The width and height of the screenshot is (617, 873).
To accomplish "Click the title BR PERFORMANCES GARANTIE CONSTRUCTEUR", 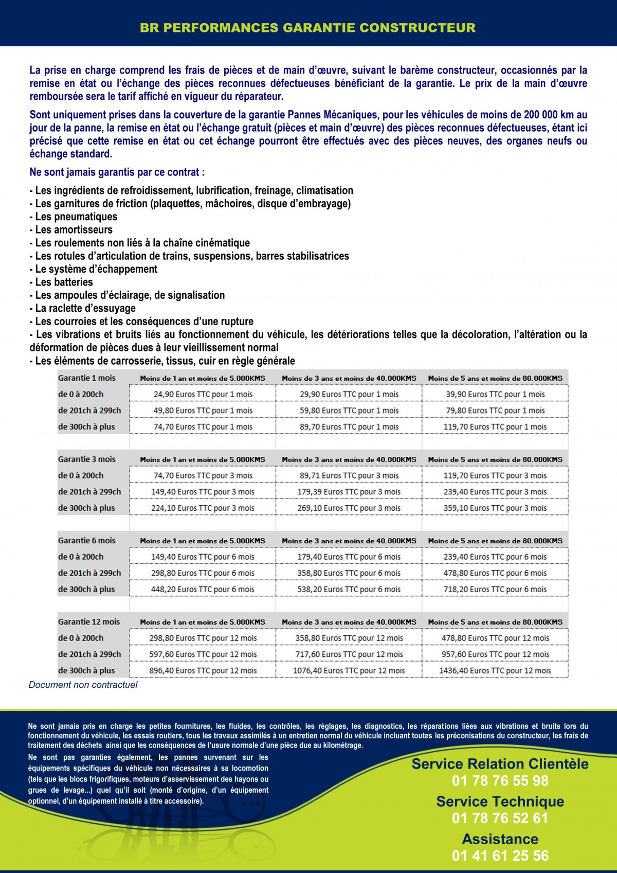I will tap(308, 28).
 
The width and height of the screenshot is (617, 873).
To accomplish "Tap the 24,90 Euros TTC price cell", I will tap(203, 394).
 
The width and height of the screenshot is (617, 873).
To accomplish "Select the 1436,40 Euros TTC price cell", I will tap(495, 670).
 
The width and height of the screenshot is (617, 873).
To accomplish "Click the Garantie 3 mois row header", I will tap(87, 459).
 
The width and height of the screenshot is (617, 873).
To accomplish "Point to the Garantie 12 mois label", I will tap(89, 621).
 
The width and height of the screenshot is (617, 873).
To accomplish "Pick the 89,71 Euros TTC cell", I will tap(349, 475).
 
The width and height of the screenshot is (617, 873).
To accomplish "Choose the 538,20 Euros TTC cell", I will tap(349, 589).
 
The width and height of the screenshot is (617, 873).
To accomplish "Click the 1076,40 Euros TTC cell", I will tap(349, 670).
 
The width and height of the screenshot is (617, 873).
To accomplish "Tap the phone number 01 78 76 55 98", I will tap(500, 781).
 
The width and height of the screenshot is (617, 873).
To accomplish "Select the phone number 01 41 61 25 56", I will tap(500, 856).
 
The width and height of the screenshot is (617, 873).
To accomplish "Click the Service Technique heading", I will tap(500, 801).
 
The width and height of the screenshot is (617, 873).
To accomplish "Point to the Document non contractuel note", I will tap(83, 685).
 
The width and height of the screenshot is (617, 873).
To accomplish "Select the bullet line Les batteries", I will tap(62, 282).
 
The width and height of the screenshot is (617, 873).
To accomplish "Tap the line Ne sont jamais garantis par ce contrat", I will tap(117, 172).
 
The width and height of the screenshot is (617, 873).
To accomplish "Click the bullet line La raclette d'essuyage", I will tap(83, 308).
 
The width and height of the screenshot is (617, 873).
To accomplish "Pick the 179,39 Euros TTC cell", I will tap(349, 492).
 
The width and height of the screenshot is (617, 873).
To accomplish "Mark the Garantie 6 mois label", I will tap(87, 540).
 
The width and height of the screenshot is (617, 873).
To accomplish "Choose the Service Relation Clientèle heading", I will tap(500, 764).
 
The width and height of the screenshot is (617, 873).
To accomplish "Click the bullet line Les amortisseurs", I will tap(71, 229).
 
